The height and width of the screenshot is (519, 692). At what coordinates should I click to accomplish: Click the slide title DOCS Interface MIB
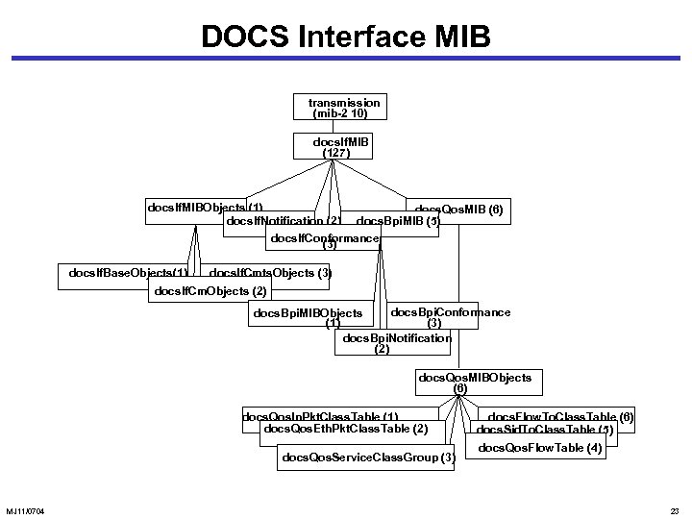(x=345, y=36)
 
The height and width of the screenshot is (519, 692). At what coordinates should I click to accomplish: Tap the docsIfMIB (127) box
(x=337, y=147)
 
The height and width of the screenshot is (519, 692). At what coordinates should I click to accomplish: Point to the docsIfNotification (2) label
(x=281, y=223)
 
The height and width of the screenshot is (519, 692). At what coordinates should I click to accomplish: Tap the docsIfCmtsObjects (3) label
(x=272, y=274)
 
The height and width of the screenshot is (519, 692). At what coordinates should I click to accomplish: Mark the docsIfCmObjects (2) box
(x=211, y=290)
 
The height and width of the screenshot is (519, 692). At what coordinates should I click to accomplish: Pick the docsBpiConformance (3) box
(x=449, y=316)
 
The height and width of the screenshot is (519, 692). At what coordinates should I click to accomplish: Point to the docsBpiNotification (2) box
(x=396, y=343)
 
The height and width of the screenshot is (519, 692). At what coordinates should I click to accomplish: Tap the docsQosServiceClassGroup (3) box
(x=366, y=457)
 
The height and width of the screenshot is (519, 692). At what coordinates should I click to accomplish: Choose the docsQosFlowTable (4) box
(x=540, y=448)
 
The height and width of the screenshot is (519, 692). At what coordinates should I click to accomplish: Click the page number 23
(x=673, y=509)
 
